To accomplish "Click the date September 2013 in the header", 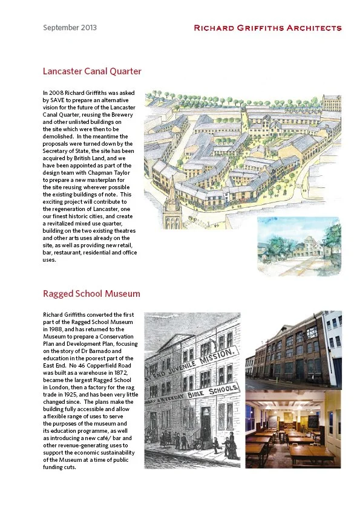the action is [70, 28].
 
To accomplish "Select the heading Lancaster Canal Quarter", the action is [92, 71].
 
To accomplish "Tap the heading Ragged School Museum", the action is [91, 294].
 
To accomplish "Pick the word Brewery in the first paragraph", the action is [122, 115].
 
